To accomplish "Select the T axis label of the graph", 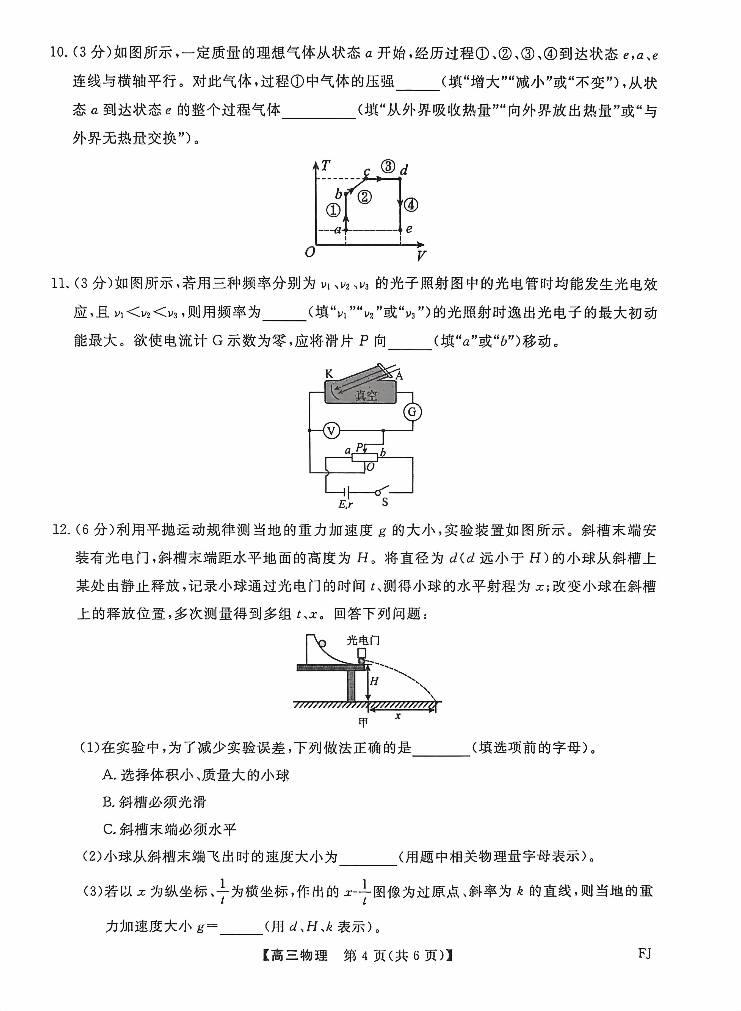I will (x=326, y=166).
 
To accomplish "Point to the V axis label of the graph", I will (x=421, y=256).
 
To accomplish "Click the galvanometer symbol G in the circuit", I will (x=412, y=412).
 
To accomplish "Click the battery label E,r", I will (x=345, y=504).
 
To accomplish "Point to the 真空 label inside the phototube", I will (x=366, y=395).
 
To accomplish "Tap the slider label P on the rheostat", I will (x=359, y=447).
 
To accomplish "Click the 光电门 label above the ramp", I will (x=363, y=640).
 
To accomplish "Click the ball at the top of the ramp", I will (x=322, y=644).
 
